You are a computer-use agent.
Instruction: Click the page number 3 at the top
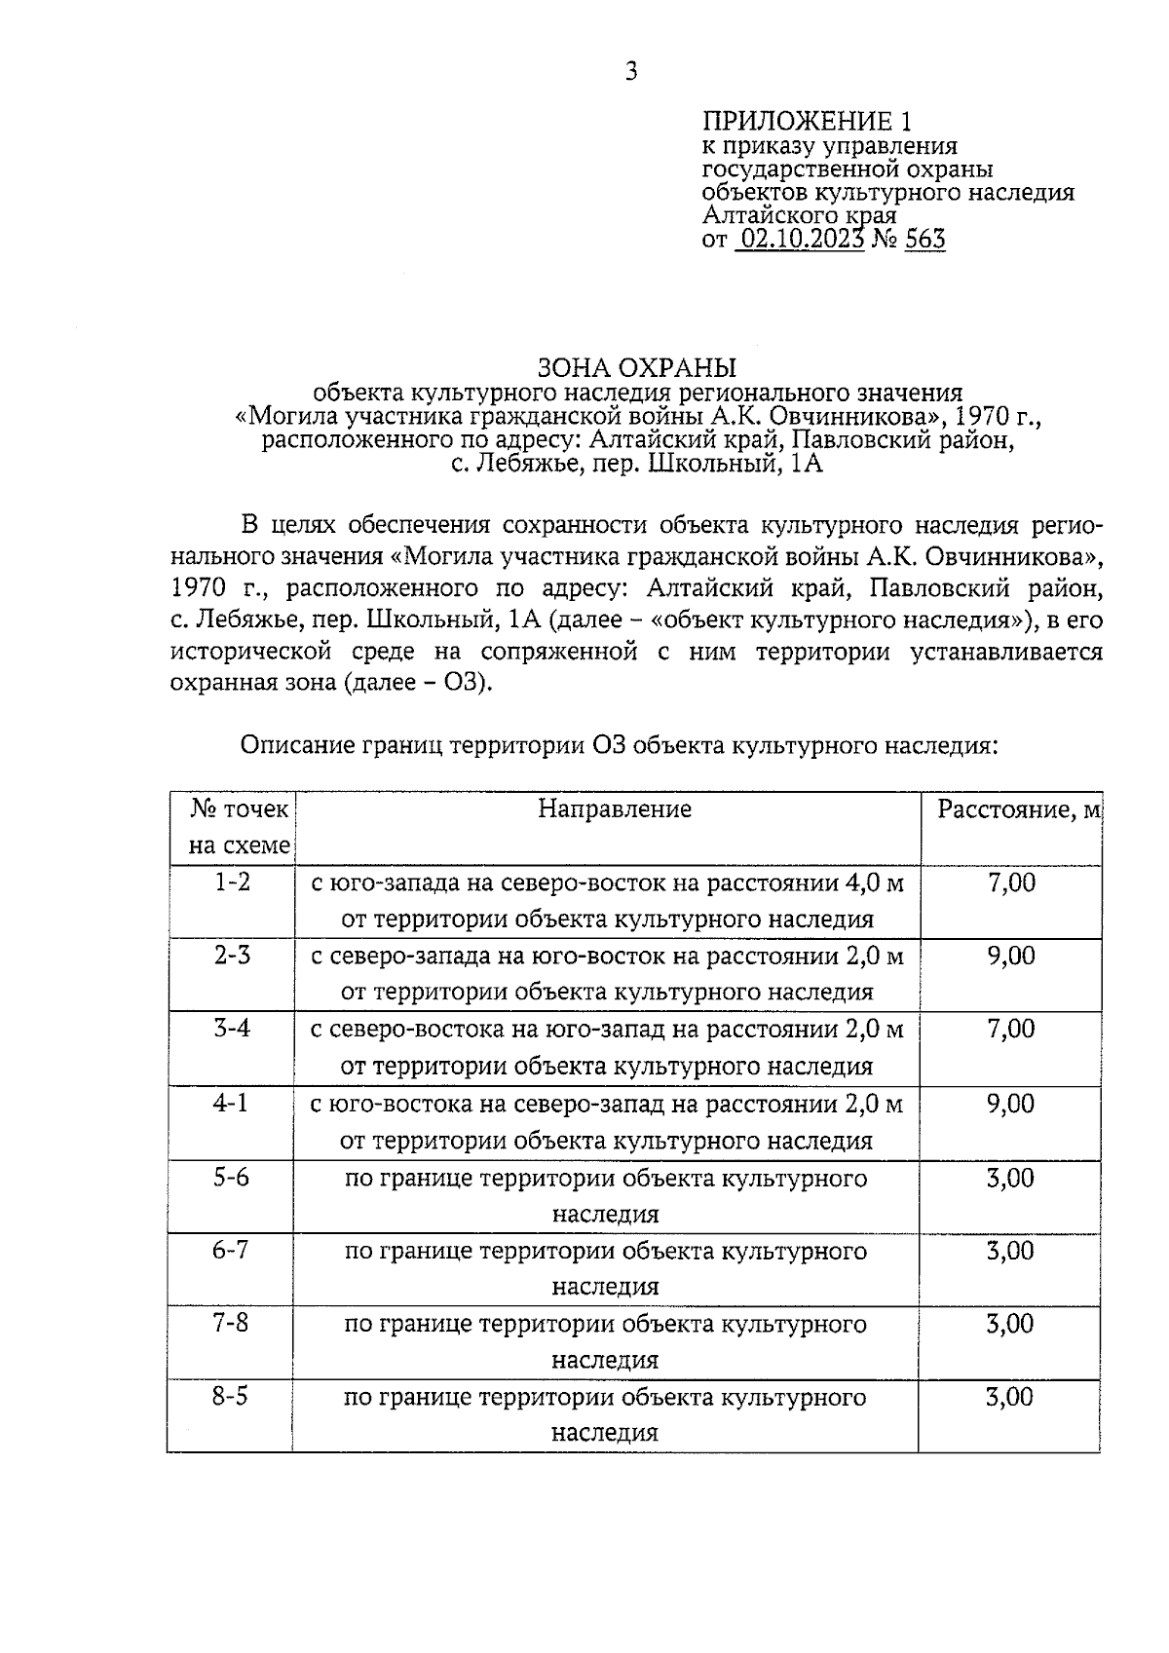tap(630, 71)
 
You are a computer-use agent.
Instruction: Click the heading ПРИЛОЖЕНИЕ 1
tap(808, 122)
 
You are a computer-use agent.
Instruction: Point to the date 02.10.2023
tap(800, 240)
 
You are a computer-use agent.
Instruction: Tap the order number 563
tap(924, 240)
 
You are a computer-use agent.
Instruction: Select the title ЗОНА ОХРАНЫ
tap(637, 368)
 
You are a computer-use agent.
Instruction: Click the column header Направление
tap(614, 809)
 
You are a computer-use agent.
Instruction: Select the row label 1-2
tap(232, 883)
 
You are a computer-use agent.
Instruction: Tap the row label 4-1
tap(231, 1104)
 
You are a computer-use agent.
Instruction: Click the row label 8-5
tap(231, 1397)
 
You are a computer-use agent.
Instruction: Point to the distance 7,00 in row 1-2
tap(1011, 883)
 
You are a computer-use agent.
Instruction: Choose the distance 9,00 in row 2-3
tap(1011, 957)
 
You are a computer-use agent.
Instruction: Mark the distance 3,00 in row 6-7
tap(1010, 1251)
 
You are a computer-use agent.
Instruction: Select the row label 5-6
tap(231, 1178)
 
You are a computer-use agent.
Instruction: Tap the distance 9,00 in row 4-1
tap(1011, 1104)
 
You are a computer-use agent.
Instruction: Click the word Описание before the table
tap(297, 746)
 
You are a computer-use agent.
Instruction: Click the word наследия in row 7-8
tap(605, 1360)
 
